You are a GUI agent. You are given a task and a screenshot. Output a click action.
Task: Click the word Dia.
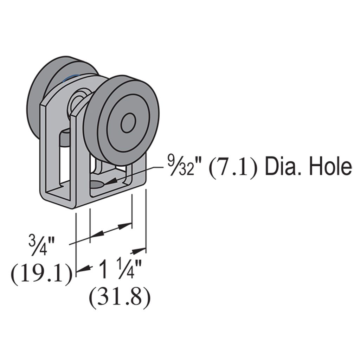pos(283,167)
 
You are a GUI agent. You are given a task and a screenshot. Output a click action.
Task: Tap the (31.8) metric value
pos(120,299)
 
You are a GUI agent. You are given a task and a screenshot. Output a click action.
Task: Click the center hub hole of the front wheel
pos(128,123)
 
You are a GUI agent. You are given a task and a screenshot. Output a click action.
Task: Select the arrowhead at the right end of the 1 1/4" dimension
pos(139,251)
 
